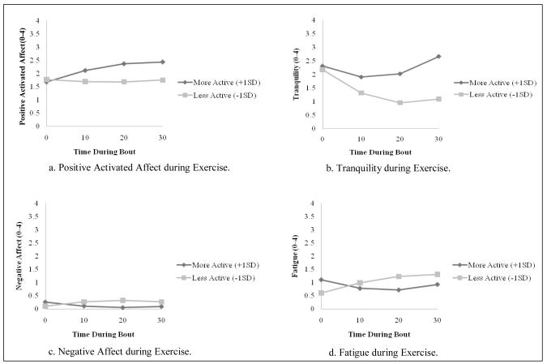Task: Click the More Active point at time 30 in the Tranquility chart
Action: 438,56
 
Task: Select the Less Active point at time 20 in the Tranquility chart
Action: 400,103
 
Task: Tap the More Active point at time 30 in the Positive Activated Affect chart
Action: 162,62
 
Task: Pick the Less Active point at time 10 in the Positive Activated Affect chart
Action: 85,81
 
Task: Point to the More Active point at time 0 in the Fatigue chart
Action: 323,280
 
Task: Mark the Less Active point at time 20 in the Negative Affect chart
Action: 123,301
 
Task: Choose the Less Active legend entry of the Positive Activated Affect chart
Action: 220,95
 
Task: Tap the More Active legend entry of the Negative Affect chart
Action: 220,265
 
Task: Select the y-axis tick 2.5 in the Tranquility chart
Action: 313,60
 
